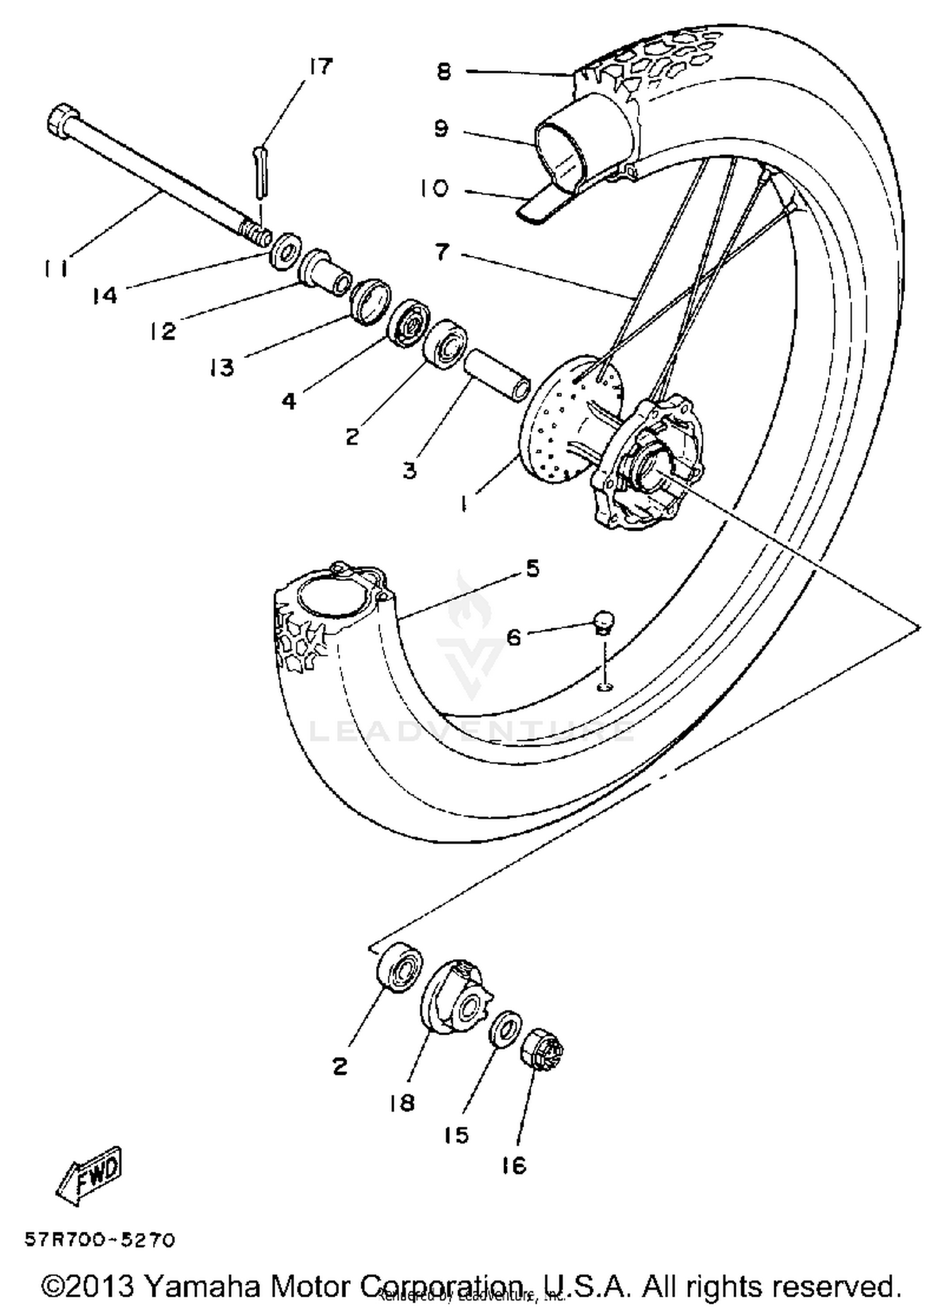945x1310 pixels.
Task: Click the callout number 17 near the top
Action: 321,66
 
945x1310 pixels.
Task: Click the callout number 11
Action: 56,269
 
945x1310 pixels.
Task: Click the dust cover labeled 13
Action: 370,301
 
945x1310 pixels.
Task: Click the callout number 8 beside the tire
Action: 444,72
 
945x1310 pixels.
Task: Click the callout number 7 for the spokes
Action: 443,253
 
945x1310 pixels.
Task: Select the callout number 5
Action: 532,569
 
